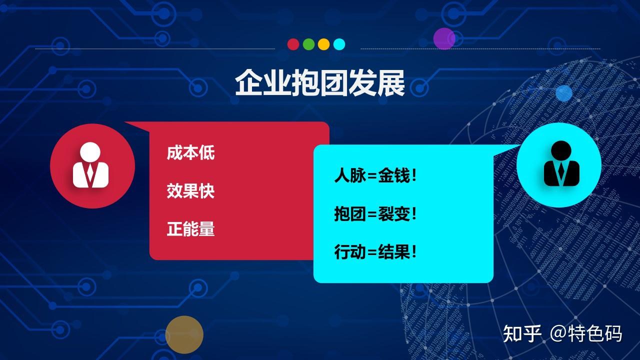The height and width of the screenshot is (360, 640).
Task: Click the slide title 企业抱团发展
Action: tap(319, 83)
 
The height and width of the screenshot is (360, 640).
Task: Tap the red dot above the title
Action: tap(293, 44)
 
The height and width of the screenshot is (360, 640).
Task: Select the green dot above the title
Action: tap(308, 44)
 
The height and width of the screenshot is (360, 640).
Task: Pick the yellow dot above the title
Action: tap(323, 44)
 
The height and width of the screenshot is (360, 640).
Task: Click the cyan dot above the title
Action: tap(339, 44)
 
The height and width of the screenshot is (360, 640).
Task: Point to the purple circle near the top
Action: tap(444, 38)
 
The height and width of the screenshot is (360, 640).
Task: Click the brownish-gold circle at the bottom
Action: tap(184, 334)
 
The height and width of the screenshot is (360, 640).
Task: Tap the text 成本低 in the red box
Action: tap(190, 152)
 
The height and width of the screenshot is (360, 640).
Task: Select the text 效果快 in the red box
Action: tap(190, 191)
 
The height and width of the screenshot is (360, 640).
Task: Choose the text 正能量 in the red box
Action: tap(190, 229)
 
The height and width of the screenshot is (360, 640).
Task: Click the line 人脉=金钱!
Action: tap(375, 175)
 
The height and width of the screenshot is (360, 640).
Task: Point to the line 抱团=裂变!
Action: tap(375, 213)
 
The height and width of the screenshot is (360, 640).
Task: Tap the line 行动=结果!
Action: tap(375, 252)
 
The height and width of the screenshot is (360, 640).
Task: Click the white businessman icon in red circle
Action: tap(90, 165)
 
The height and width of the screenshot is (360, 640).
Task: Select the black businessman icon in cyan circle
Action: tap(561, 163)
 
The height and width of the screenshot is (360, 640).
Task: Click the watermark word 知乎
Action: tap(522, 333)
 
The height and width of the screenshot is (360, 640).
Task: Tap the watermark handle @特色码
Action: tap(586, 333)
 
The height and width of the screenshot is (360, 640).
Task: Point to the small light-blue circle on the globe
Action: tap(564, 93)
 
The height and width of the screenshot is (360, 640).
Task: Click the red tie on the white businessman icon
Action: tap(90, 173)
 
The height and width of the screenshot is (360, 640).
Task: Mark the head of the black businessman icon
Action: tap(561, 150)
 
